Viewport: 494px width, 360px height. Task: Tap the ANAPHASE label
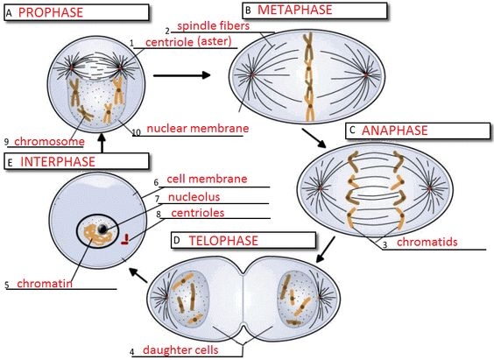pyautogui.click(x=394, y=131)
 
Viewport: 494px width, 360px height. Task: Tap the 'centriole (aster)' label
pyautogui.click(x=191, y=43)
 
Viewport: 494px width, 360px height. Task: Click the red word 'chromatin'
pyautogui.click(x=42, y=284)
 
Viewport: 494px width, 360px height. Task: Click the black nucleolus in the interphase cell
pyautogui.click(x=103, y=229)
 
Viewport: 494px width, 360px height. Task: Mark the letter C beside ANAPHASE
pyautogui.click(x=352, y=131)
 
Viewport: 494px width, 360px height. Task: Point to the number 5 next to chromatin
pyautogui.click(x=7, y=285)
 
